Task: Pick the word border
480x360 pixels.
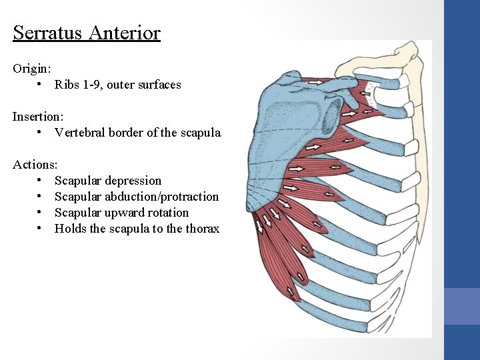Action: tap(126, 133)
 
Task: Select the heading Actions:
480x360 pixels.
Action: tap(35, 164)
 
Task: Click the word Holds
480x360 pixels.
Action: tap(69, 229)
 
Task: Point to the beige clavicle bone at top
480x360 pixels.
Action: tap(373, 63)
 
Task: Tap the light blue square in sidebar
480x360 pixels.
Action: tap(461, 306)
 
